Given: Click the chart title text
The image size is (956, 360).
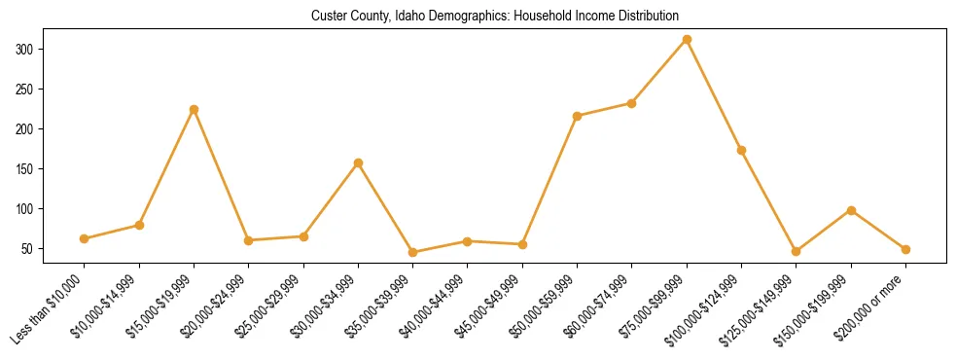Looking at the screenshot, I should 495,17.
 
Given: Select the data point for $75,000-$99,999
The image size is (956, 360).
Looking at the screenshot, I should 687,40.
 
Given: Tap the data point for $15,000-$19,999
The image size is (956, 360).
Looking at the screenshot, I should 194,109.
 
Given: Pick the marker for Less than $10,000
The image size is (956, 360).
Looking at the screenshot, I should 85,238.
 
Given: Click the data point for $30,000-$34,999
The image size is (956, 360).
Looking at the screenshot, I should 358,162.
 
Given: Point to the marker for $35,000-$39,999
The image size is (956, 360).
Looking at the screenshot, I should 412,252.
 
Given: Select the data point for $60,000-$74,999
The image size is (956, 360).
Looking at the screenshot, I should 632,103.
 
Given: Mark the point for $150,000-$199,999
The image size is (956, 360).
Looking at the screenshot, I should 851,210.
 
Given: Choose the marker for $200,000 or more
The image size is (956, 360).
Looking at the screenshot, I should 905,249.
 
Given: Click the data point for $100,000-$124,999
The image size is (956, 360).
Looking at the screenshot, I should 741,150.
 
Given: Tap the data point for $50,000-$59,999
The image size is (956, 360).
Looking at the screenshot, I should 577,116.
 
